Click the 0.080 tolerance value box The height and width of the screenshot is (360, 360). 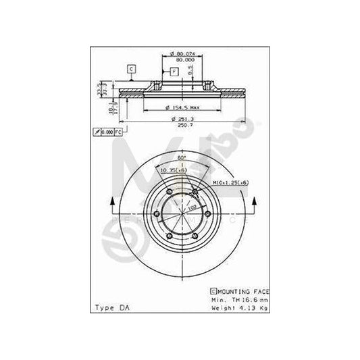(x=107, y=132)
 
